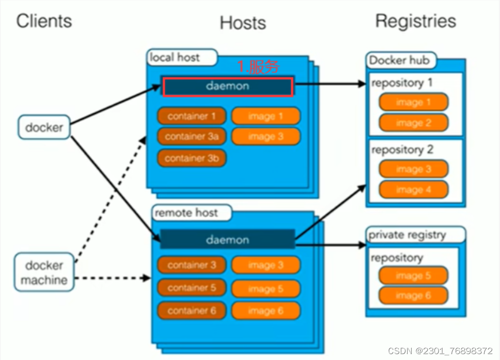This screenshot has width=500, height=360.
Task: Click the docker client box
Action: [44, 128]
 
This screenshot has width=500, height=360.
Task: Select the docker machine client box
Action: [44, 273]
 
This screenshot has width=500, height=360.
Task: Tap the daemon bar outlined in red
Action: [228, 86]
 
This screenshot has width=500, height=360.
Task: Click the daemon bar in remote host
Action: [227, 240]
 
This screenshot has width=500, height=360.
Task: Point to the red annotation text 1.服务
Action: [258, 67]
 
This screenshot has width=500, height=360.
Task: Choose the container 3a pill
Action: [192, 137]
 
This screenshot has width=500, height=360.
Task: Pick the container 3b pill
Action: [192, 159]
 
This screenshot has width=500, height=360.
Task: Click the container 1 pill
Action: [192, 116]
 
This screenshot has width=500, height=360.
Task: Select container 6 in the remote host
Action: [192, 310]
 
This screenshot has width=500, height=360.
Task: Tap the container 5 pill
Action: [192, 288]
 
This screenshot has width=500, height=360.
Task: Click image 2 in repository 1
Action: [413, 123]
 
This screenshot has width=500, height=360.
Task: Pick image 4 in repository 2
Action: [413, 190]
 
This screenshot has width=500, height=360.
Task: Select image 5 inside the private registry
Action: [413, 276]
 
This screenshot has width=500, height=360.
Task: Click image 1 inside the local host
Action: [265, 116]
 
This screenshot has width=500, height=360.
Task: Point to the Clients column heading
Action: [44, 21]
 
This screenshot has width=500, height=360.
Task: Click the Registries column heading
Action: [416, 21]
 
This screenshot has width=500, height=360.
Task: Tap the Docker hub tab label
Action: [399, 60]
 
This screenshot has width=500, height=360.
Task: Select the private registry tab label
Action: [407, 235]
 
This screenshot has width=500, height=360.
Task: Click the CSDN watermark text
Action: [440, 351]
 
